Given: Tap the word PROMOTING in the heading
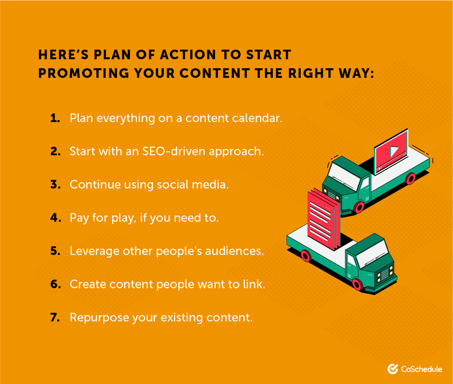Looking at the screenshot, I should click(x=79, y=73).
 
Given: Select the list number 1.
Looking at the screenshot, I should click(x=55, y=118).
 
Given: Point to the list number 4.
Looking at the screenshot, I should click(x=55, y=218).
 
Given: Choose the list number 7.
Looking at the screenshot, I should click(x=55, y=317).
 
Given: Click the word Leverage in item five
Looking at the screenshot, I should click(x=92, y=251).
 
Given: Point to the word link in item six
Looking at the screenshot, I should click(x=254, y=284).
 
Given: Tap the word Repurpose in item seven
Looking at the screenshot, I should click(x=96, y=317).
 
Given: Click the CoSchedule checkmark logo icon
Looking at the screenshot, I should click(x=392, y=369).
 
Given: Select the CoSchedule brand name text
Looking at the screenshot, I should click(x=422, y=369).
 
